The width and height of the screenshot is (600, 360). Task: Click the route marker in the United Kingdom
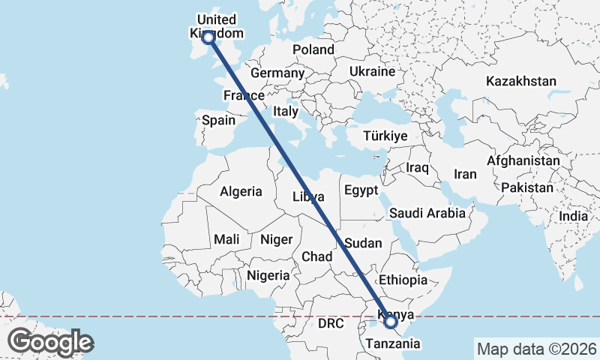pyautogui.click(x=208, y=36)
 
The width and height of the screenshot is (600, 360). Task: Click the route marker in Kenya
pyautogui.click(x=390, y=322)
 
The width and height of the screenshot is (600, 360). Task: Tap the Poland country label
pyautogui.click(x=313, y=49)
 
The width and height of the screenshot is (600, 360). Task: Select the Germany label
pyautogui.click(x=277, y=73)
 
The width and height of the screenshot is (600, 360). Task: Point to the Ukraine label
pyautogui.click(x=371, y=72)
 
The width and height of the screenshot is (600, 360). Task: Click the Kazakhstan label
pyautogui.click(x=520, y=81)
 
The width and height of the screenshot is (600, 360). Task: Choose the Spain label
pyautogui.click(x=218, y=120)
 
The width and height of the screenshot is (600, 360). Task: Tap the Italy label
pyautogui.click(x=286, y=111)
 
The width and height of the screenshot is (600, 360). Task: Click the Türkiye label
pyautogui.click(x=384, y=136)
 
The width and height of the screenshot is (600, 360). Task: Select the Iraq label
pyautogui.click(x=417, y=166)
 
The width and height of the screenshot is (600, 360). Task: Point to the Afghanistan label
pyautogui.click(x=523, y=160)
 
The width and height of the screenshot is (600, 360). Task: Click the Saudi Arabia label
pyautogui.click(x=427, y=214)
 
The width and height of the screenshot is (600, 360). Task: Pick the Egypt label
pyautogui.click(x=362, y=190)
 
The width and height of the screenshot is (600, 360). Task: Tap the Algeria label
pyautogui.click(x=241, y=191)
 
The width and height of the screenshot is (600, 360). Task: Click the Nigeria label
pyautogui.click(x=268, y=275)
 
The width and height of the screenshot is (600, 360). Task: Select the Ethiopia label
pyautogui.click(x=403, y=280)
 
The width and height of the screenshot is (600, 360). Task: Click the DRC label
pyautogui.click(x=330, y=324)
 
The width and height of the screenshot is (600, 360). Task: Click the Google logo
pyautogui.click(x=51, y=342)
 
